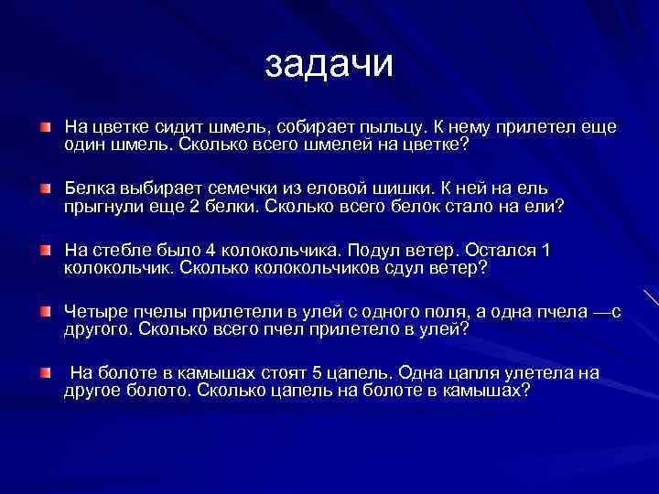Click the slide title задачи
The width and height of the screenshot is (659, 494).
329,63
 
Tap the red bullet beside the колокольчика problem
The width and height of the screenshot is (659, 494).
45,250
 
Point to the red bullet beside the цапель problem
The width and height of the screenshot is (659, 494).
45,372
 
